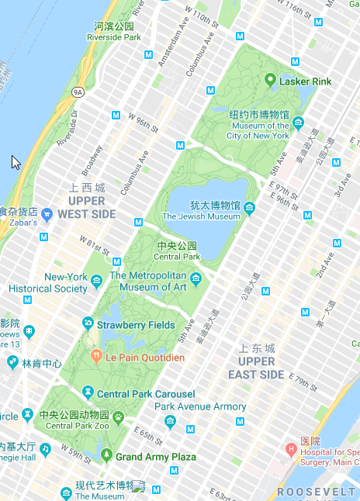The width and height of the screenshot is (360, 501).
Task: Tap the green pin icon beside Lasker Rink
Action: [x=270, y=80]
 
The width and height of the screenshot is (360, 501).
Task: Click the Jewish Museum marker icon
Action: [x=249, y=207]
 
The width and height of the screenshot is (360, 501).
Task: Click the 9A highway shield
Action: [x=78, y=92]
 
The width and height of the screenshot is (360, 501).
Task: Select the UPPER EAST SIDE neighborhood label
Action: [x=256, y=368]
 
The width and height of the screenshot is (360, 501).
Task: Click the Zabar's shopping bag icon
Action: [x=47, y=213]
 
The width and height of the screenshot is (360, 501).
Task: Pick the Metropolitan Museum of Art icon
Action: [x=196, y=278]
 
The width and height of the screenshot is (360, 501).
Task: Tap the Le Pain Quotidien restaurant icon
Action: [x=96, y=358]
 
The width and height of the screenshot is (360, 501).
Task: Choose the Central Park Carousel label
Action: [x=145, y=394]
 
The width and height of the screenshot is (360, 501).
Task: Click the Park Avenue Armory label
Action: [x=200, y=406]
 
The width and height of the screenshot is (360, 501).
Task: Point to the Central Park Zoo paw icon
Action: [x=118, y=417]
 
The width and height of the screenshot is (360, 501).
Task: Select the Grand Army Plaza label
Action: [x=155, y=457]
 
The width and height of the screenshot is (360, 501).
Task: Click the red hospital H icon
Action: [x=291, y=449]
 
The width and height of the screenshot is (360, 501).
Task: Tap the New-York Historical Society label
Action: [x=48, y=283]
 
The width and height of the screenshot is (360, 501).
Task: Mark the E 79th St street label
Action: [x=306, y=380]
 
